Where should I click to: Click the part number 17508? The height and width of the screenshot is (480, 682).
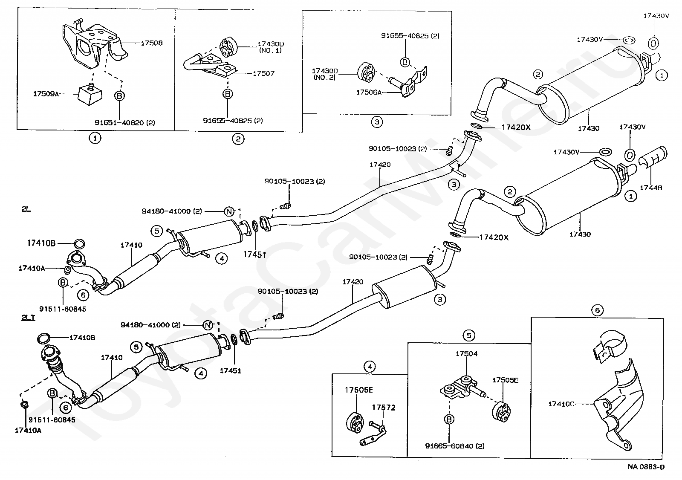152,43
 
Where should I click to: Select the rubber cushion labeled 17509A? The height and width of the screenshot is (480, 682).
90,94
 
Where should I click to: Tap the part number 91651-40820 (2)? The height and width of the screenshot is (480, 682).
125,123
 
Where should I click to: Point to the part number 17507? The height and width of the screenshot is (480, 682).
264,73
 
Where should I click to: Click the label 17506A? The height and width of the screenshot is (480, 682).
369,92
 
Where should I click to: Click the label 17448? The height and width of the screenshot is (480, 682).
651,188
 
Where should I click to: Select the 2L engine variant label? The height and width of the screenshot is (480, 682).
26,209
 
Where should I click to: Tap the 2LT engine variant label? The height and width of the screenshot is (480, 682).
28,318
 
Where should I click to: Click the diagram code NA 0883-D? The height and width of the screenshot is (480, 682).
646,467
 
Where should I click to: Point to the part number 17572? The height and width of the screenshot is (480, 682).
384,408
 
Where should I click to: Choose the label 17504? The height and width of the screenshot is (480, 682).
466,353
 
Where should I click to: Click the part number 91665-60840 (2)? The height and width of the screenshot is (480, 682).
455,446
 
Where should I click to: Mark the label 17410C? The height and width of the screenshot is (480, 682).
561,404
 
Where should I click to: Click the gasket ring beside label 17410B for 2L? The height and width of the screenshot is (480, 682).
79,244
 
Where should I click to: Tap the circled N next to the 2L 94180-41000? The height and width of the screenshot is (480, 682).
229,211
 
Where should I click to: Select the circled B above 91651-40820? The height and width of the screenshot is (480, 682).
119,96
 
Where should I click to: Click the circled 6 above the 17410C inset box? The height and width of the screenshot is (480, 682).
597,310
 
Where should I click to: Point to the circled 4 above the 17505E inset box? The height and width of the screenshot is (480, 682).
370,367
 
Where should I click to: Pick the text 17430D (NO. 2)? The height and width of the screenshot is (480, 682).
325,74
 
